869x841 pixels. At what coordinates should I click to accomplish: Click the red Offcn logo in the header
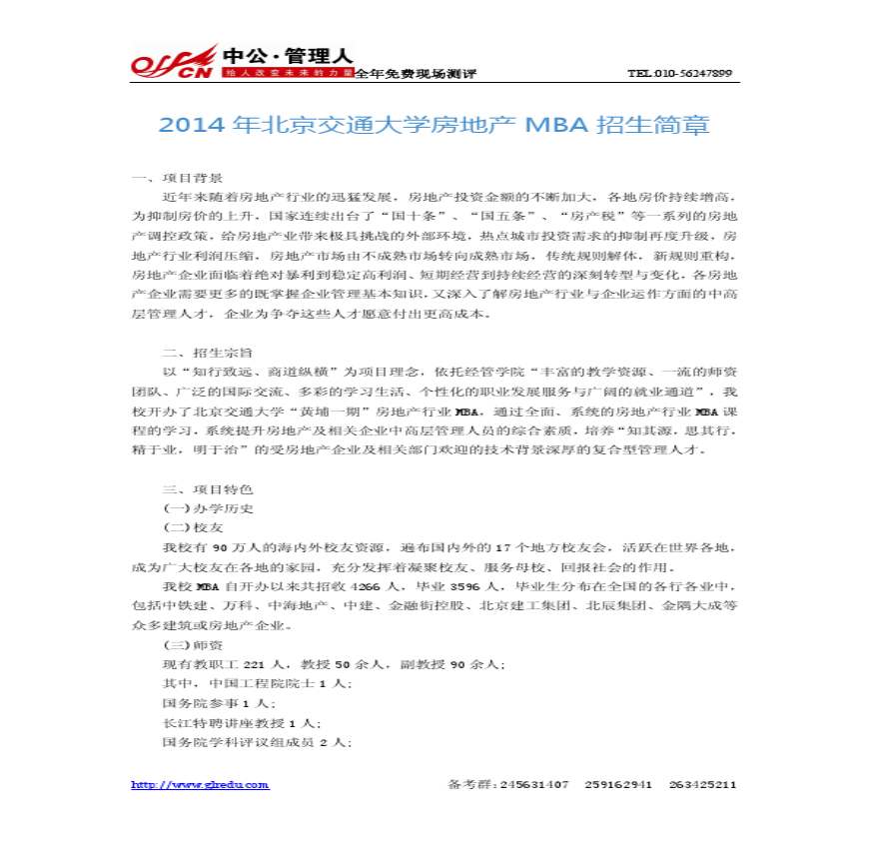(172, 62)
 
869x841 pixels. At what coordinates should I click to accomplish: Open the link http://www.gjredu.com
(200, 784)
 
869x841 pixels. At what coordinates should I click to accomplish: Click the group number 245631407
(535, 784)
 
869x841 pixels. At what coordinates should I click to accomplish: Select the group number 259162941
(619, 784)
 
